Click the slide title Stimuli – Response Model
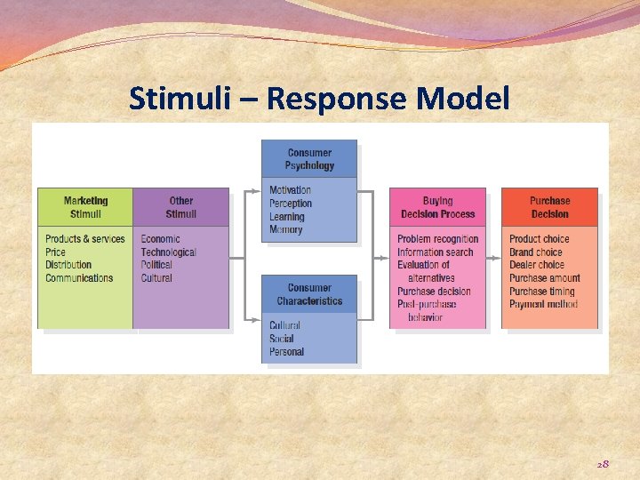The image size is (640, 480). [x=319, y=98]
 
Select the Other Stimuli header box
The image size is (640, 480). [x=180, y=207]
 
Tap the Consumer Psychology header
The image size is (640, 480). [x=309, y=159]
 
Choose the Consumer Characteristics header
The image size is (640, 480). [x=309, y=294]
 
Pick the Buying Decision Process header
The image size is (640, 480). [x=437, y=207]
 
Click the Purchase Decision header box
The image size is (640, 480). [x=549, y=207]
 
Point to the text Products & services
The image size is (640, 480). [x=85, y=239]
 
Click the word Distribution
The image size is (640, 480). [x=68, y=265]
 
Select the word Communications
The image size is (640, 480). [x=79, y=278]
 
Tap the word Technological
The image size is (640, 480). [x=168, y=252]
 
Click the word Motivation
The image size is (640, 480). [x=290, y=190]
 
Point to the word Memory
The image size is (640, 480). [x=285, y=230]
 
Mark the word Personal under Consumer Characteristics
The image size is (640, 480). [x=286, y=352]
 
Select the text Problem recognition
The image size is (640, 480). [x=437, y=239]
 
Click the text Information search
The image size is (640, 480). [x=435, y=252]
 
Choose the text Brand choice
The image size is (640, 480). [x=537, y=252]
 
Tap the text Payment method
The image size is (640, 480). [x=543, y=305]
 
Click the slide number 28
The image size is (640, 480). [x=602, y=463]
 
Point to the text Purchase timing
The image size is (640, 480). [x=541, y=292]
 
